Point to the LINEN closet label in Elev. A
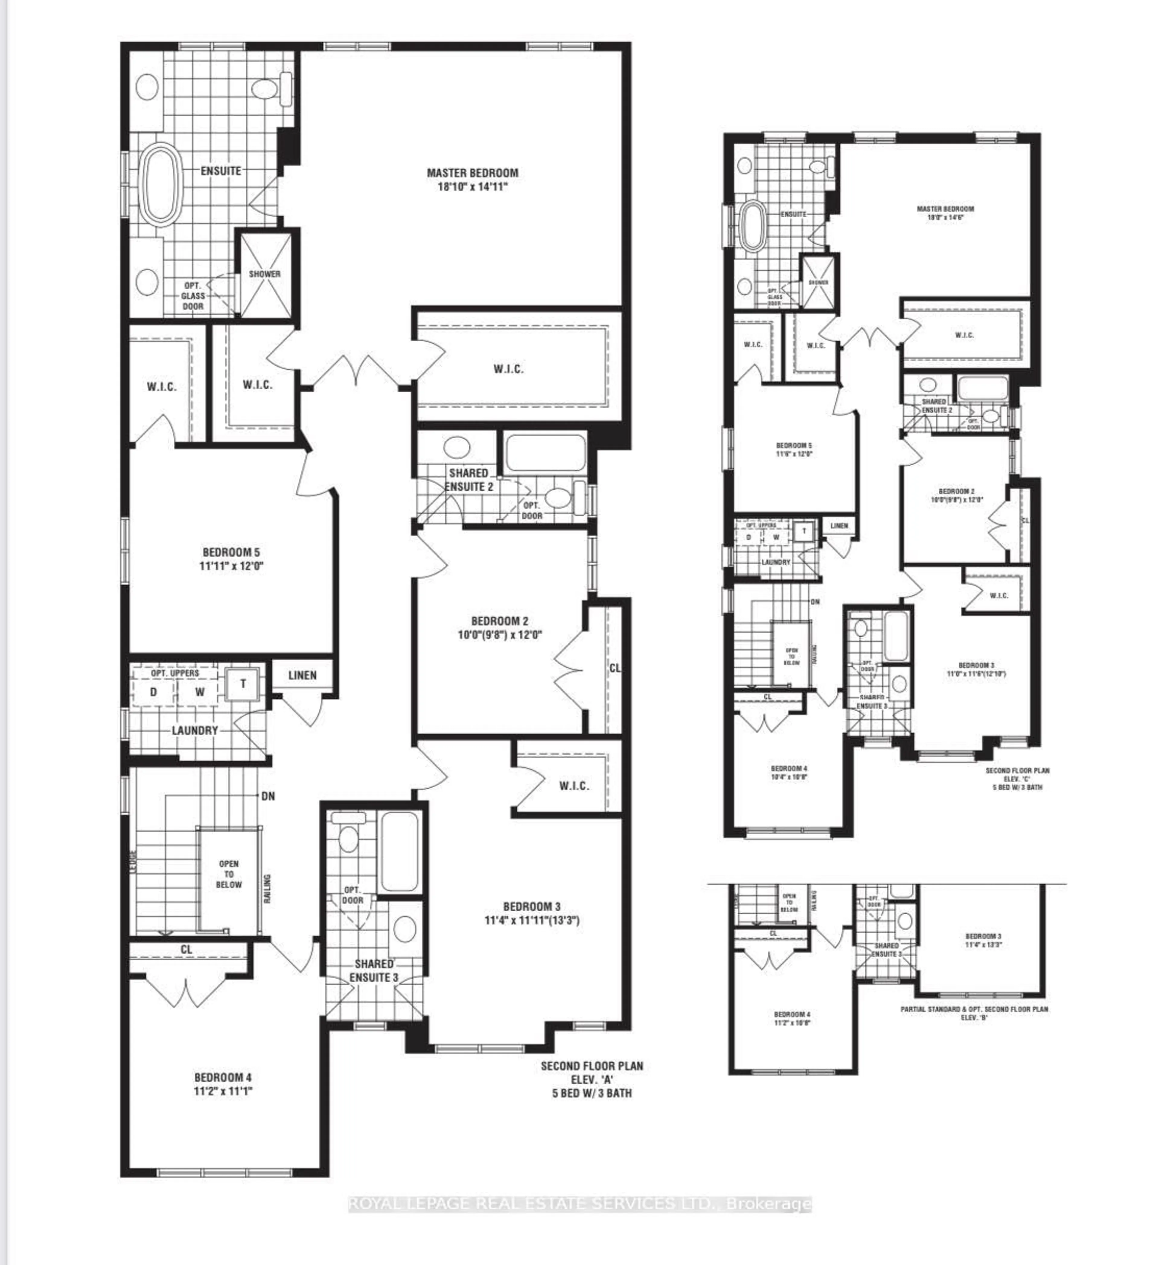coord(302,675)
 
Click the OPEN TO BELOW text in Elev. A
coord(229,874)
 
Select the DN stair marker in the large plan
coord(268,796)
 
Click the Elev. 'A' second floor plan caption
coord(592,1079)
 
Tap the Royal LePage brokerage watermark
coord(579,1204)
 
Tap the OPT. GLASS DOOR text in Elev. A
coord(193,295)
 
